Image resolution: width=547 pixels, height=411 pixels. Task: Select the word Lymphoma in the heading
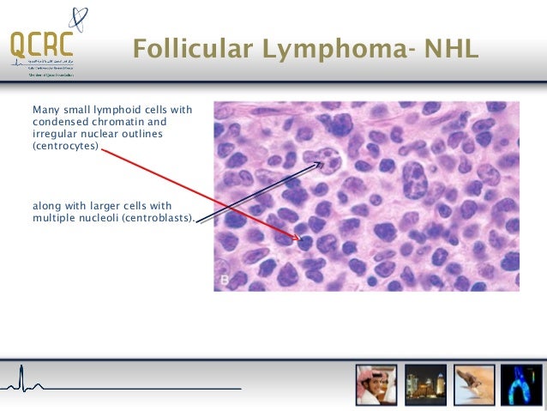coord(310,51)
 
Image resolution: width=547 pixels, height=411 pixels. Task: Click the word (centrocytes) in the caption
coord(65,146)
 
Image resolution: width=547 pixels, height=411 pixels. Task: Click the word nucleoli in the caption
coord(94,218)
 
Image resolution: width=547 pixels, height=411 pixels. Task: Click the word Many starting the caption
coord(45,110)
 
